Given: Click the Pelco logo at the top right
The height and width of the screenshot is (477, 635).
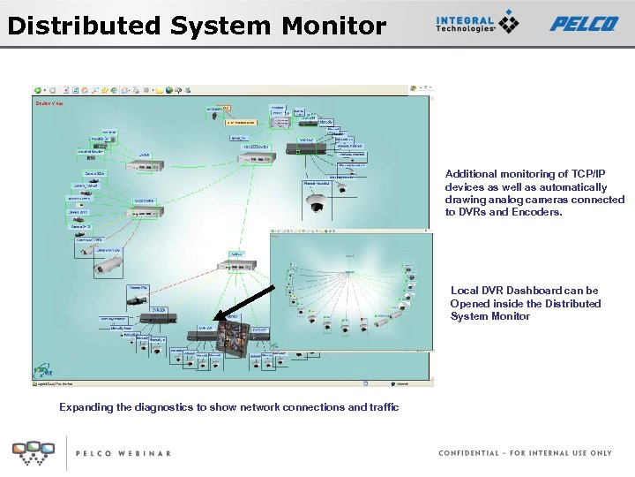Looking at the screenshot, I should [x=583, y=24].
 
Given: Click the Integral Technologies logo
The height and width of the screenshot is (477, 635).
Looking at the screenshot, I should [x=476, y=23].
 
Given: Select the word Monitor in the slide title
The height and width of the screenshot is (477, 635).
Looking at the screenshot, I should [x=333, y=26].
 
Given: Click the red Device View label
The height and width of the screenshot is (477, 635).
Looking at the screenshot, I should [x=49, y=103].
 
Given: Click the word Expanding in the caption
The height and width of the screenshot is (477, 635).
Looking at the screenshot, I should [x=86, y=407].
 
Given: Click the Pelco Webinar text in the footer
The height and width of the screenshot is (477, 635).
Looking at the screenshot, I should [x=123, y=453].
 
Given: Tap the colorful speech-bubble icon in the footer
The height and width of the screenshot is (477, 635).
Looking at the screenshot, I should [x=33, y=452].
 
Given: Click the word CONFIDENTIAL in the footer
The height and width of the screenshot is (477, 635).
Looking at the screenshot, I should [x=468, y=453].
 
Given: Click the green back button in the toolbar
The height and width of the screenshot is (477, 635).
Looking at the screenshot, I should [x=38, y=90].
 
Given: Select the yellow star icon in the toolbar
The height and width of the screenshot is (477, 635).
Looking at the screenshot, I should [x=104, y=90].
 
